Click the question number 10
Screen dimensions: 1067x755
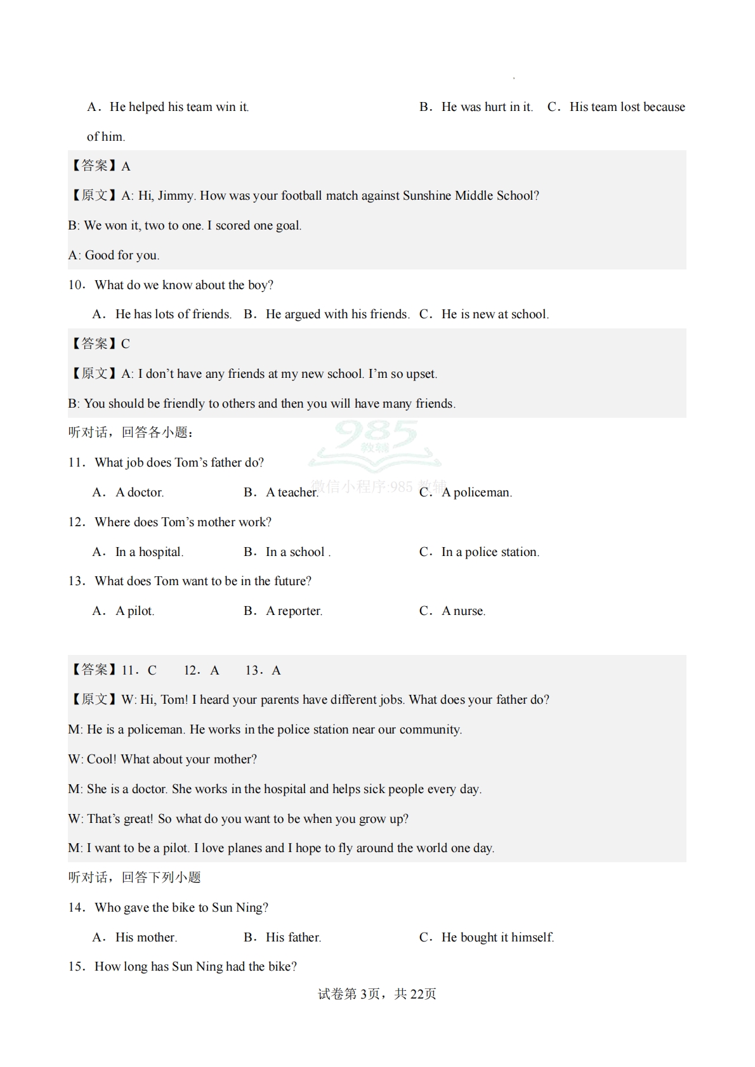tap(76, 285)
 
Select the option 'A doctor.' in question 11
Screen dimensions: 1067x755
tap(140, 493)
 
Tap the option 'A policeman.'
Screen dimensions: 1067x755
tap(476, 493)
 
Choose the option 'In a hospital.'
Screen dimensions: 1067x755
tap(149, 552)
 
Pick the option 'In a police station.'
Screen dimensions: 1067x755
tap(490, 552)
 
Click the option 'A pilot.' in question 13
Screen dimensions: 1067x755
tap(135, 611)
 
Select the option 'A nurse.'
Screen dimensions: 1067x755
tap(463, 611)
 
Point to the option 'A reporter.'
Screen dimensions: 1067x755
tap(294, 611)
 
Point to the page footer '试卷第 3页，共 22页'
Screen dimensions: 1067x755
tap(377, 994)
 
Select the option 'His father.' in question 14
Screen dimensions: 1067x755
tap(293, 938)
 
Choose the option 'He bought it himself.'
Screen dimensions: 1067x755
tap(497, 938)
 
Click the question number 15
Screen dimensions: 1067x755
tap(76, 967)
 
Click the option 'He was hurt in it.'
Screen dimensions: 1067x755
tap(487, 107)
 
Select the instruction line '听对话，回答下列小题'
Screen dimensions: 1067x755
tap(135, 877)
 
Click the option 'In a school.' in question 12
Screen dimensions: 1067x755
tap(298, 552)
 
